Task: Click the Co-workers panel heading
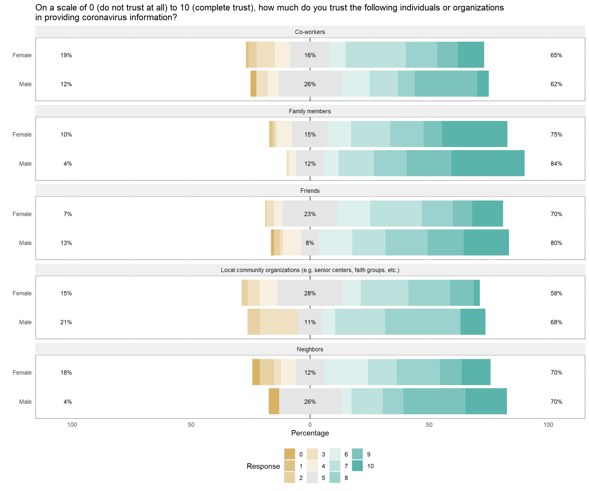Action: tap(310, 32)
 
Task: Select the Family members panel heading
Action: tap(310, 111)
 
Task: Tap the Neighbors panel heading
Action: tap(310, 349)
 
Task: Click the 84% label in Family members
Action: tap(556, 164)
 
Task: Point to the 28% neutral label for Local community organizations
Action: tap(310, 293)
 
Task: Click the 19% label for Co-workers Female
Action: tap(66, 55)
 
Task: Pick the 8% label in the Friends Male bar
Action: tap(310, 243)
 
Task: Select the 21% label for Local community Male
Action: tap(66, 322)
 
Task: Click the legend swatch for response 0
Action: tap(289, 454)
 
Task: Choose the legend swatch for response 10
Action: tap(357, 466)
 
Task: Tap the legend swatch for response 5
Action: tap(312, 477)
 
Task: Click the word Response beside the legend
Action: tap(263, 466)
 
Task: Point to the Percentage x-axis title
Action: tap(310, 433)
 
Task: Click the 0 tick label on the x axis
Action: tap(310, 425)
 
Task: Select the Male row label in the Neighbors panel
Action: tap(25, 401)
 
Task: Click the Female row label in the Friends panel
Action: tap(22, 214)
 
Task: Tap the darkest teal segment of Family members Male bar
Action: tap(488, 163)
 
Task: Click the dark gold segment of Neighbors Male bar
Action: tap(274, 401)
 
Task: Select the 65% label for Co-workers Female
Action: tap(556, 55)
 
